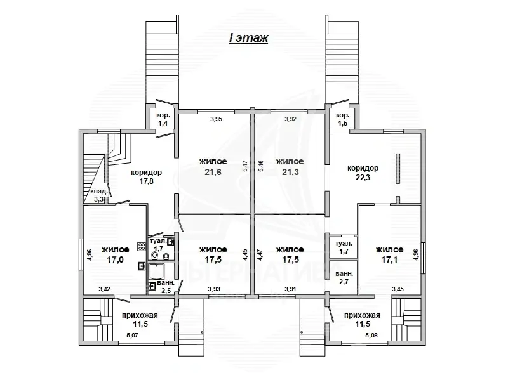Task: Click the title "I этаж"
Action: click(248, 38)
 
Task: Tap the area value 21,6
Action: click(213, 172)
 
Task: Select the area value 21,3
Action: click(290, 172)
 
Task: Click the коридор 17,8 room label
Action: click(147, 177)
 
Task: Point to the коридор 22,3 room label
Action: click(363, 173)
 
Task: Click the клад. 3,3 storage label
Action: click(99, 195)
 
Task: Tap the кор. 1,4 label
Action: click(163, 119)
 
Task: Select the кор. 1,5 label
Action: click(342, 119)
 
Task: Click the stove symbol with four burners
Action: click(142, 247)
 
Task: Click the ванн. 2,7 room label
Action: click(344, 277)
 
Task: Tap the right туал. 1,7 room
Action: click(344, 247)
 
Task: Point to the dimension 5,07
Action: click(132, 336)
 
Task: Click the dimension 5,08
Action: click(371, 336)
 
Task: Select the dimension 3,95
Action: click(216, 119)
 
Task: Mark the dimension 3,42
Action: click(104, 289)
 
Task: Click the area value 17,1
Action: click(389, 259)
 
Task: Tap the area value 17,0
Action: click(115, 259)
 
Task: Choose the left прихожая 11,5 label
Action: click(140, 320)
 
